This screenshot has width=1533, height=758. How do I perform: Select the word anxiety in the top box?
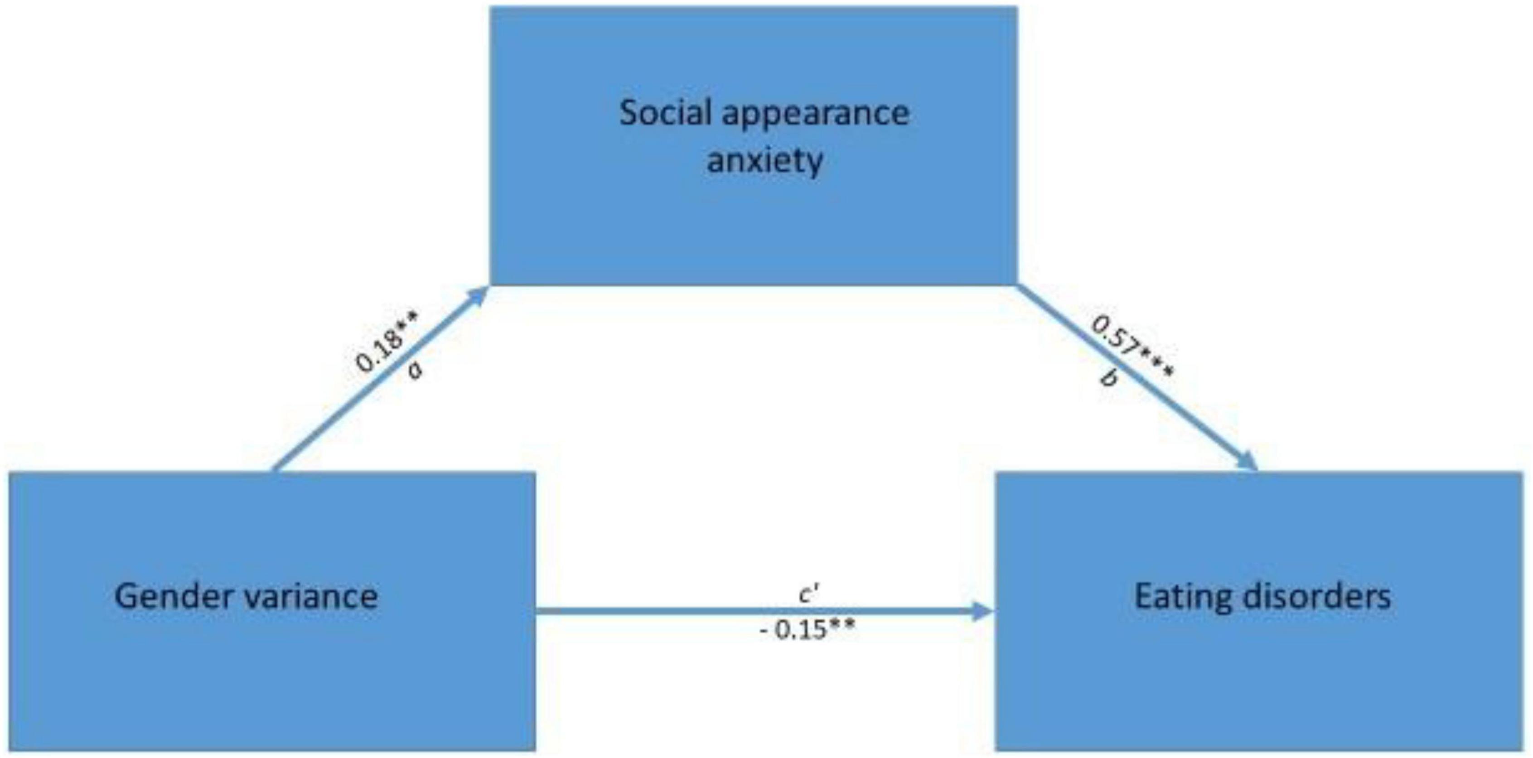pos(765,161)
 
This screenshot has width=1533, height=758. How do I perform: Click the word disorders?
pos(1322,597)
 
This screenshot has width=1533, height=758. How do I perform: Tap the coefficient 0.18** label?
pos(387,342)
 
